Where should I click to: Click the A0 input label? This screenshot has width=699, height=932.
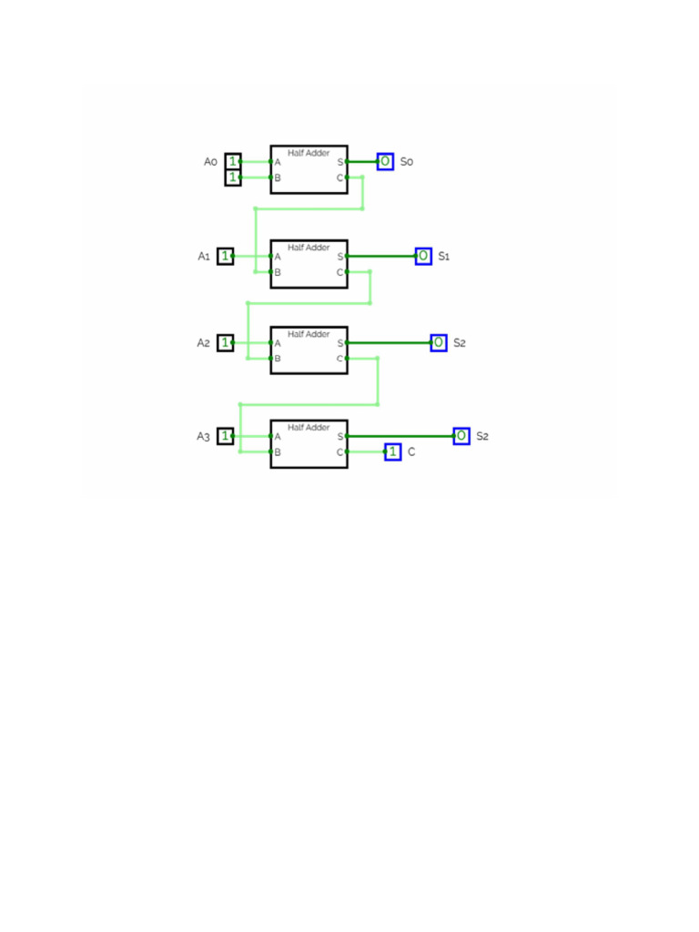pyautogui.click(x=210, y=162)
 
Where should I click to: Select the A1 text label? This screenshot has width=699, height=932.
pyautogui.click(x=204, y=257)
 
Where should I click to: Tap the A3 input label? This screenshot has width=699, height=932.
pyautogui.click(x=204, y=437)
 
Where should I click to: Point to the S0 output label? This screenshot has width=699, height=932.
pyautogui.click(x=407, y=162)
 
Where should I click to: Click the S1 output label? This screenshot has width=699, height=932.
pyautogui.click(x=444, y=257)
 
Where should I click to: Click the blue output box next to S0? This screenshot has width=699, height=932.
pyautogui.click(x=385, y=162)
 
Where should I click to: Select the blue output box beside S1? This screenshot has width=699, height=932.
pyautogui.click(x=423, y=257)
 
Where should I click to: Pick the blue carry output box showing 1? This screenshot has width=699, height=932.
pyautogui.click(x=393, y=451)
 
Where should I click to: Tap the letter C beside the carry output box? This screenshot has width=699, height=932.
pyautogui.click(x=411, y=451)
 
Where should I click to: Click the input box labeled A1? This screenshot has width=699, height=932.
pyautogui.click(x=225, y=257)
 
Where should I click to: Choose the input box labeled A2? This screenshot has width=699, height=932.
pyautogui.click(x=225, y=343)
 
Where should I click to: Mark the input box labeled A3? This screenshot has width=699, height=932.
pyautogui.click(x=225, y=437)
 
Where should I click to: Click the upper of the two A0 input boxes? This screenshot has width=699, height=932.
pyautogui.click(x=233, y=162)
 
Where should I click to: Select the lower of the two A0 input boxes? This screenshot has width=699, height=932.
pyautogui.click(x=233, y=177)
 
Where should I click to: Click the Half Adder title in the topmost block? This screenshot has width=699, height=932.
pyautogui.click(x=309, y=153)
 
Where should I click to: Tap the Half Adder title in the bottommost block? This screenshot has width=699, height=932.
pyautogui.click(x=309, y=427)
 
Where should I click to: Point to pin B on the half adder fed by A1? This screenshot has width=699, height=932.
pyautogui.click(x=278, y=272)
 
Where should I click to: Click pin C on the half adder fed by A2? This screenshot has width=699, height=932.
pyautogui.click(x=339, y=359)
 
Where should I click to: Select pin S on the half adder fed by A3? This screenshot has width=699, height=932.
pyautogui.click(x=339, y=437)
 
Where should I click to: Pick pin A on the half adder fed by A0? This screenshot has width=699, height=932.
pyautogui.click(x=278, y=162)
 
